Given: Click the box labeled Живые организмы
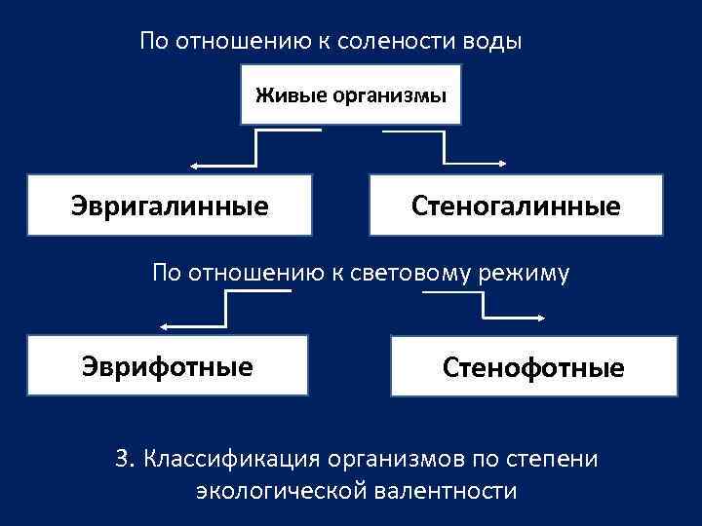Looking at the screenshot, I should (350, 94).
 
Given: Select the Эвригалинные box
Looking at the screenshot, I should (170, 206).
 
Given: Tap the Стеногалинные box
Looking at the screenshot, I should (516, 206).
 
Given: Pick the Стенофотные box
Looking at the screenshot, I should (533, 366).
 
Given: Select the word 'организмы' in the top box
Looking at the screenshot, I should (389, 95).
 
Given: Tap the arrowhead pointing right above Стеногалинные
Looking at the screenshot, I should (503, 163).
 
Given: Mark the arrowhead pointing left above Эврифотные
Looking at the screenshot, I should (165, 325).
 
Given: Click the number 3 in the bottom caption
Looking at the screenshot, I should (122, 458).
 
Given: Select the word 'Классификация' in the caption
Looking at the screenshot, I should (233, 458).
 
